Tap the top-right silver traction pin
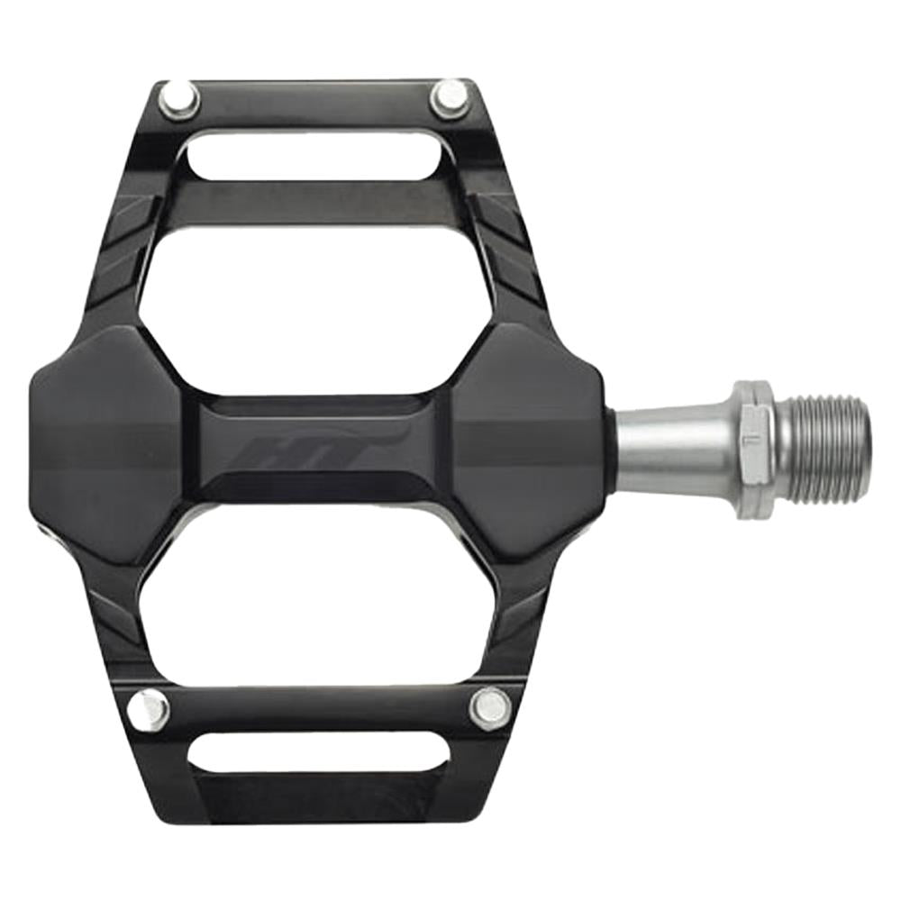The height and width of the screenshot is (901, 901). pyautogui.click(x=448, y=97)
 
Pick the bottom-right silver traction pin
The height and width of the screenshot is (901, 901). pyautogui.click(x=491, y=706)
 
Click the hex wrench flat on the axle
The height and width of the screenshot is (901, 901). pyautogui.click(x=752, y=450)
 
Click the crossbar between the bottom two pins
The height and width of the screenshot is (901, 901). pyautogui.click(x=320, y=707)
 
